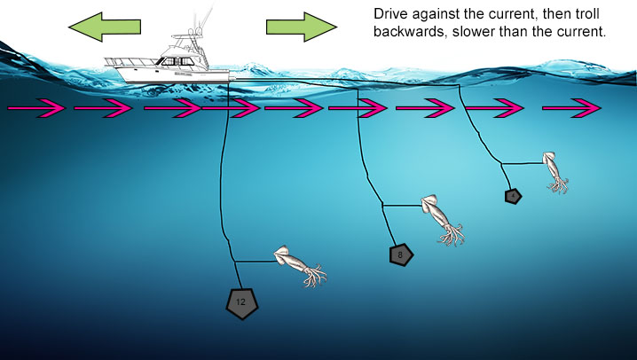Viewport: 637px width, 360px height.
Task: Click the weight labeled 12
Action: point(241,303)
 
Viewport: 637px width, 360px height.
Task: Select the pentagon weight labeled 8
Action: point(401,255)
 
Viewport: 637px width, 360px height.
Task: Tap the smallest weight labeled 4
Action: point(512,196)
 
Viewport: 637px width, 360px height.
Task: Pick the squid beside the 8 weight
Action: point(442,217)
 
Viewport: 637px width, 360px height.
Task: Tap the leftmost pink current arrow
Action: point(35,109)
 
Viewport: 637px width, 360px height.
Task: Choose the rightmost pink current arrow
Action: point(571,109)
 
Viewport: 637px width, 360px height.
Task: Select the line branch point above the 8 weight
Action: point(383,206)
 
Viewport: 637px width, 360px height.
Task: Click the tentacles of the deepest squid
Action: point(313,276)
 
